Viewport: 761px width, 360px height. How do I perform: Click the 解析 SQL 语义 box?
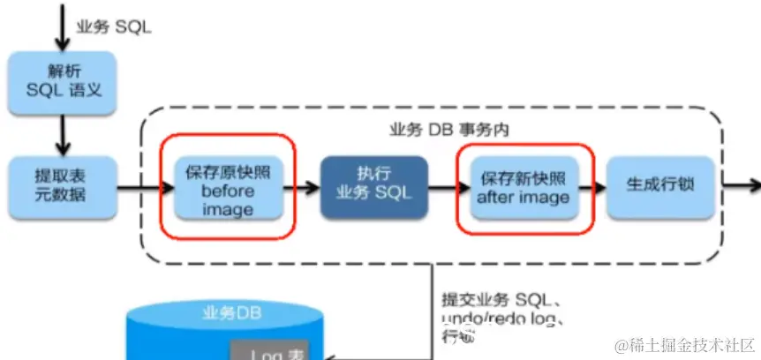coord(62,83)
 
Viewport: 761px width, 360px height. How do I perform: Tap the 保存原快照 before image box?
coord(228,189)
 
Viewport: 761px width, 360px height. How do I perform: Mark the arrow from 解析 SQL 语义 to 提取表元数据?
coord(62,134)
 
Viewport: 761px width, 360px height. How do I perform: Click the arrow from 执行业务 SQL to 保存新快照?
coord(448,187)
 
